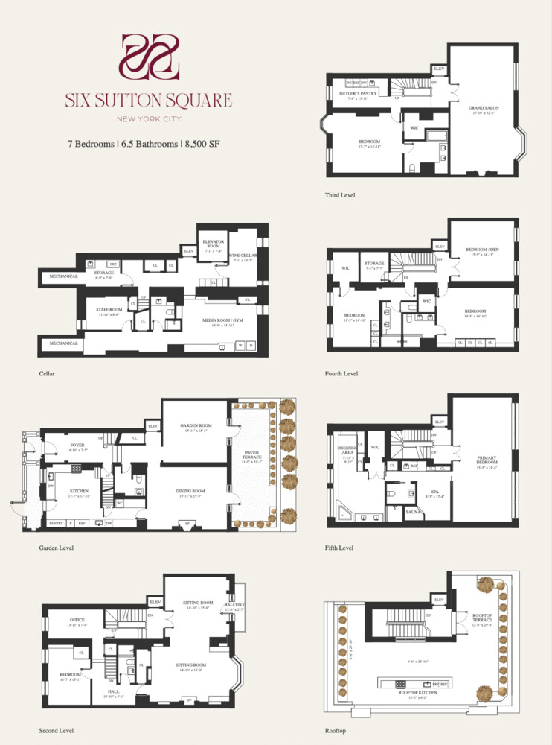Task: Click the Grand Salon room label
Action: tap(483, 109)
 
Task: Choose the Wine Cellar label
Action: tap(245, 256)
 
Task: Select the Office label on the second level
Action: tap(77, 620)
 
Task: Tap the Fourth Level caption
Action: tap(341, 373)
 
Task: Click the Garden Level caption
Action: tap(56, 548)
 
